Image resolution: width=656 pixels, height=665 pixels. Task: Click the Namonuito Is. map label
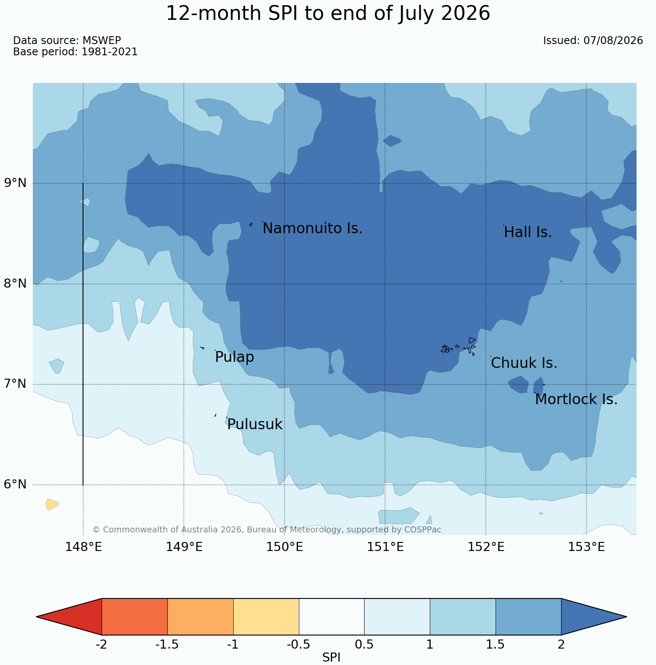tap(312, 228)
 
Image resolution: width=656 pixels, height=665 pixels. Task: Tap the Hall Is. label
tap(528, 232)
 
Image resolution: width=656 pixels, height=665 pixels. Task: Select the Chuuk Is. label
tap(524, 363)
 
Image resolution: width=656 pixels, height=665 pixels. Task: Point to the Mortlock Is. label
tap(576, 399)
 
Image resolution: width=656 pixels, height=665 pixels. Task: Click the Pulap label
tap(234, 358)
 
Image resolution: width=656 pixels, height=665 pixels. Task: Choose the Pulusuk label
tap(255, 424)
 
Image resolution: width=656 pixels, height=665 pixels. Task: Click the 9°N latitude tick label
tap(16, 183)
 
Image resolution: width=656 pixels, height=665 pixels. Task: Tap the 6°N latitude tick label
tap(16, 484)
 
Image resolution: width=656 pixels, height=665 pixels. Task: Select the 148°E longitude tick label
tap(83, 547)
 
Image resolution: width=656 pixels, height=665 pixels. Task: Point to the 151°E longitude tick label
tap(385, 547)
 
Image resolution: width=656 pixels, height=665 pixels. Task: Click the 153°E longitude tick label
tap(586, 547)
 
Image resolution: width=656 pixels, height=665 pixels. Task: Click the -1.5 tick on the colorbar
tap(167, 645)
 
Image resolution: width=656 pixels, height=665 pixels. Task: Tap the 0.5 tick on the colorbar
tap(364, 645)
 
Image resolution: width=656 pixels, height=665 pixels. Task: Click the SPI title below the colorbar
tap(331, 658)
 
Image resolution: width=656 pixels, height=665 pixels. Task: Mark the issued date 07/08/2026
tap(613, 41)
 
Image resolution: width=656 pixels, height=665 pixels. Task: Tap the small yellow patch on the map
tap(52, 504)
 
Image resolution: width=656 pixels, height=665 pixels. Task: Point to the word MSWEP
tap(102, 41)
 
